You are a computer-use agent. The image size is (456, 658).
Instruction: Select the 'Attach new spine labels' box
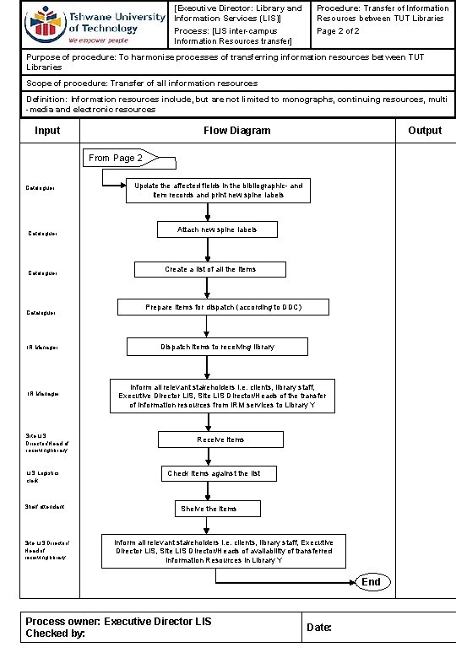point(217,230)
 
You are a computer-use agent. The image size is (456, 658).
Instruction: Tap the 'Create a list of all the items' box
point(210,270)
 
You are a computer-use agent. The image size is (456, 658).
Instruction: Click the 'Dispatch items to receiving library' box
point(217,347)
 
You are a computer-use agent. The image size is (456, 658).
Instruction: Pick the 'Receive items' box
point(220,440)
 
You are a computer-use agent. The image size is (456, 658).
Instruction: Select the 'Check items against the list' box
point(214,474)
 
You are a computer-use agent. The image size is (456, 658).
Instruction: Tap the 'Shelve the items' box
point(208,509)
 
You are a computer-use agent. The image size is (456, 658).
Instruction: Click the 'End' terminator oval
point(372,582)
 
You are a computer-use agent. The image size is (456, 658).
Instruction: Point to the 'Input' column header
point(47,131)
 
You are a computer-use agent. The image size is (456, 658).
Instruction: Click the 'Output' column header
point(424,131)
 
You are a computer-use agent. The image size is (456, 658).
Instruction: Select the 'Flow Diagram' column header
point(237,131)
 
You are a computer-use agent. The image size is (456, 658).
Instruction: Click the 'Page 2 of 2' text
point(338,31)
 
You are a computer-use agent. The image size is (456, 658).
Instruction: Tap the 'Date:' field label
point(320,628)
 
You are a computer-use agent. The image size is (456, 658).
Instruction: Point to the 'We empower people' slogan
point(98,40)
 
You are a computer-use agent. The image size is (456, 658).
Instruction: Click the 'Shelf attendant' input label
point(46,507)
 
